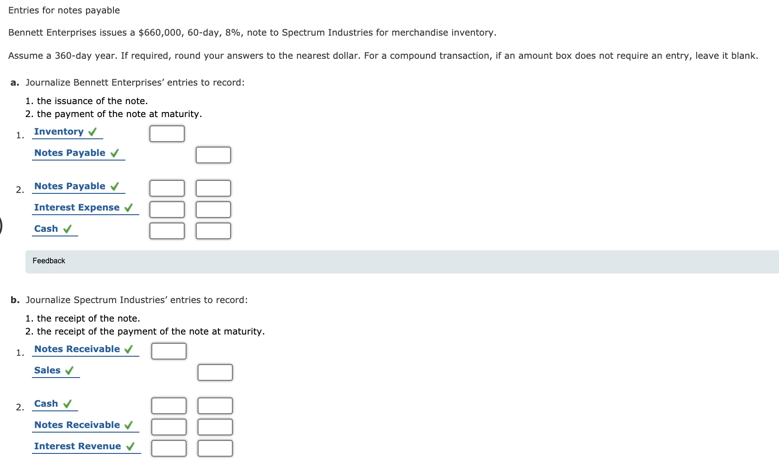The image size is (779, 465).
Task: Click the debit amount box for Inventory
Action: (x=167, y=134)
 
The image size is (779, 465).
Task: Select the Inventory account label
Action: (x=59, y=132)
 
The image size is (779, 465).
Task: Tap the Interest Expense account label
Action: (x=77, y=208)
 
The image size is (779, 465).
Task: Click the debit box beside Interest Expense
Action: (x=167, y=210)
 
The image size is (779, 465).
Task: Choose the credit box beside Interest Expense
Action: (x=213, y=210)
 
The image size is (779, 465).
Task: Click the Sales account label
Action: (x=47, y=371)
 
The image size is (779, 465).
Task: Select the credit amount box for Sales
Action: (x=215, y=372)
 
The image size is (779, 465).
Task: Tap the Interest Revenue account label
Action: (x=77, y=446)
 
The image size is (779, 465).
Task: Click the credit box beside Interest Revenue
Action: (x=215, y=448)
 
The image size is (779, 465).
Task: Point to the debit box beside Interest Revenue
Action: (x=169, y=448)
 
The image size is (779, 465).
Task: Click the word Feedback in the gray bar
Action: (x=49, y=261)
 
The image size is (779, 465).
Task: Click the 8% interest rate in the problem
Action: (x=233, y=33)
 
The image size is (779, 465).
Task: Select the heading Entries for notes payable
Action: (x=64, y=11)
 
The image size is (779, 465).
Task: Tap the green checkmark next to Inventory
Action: (x=93, y=132)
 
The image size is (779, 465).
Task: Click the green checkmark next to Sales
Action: (x=69, y=371)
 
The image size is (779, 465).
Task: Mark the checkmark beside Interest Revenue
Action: (x=131, y=446)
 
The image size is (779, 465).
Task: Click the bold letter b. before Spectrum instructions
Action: (x=15, y=300)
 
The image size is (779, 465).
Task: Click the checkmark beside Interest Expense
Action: (x=129, y=208)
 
